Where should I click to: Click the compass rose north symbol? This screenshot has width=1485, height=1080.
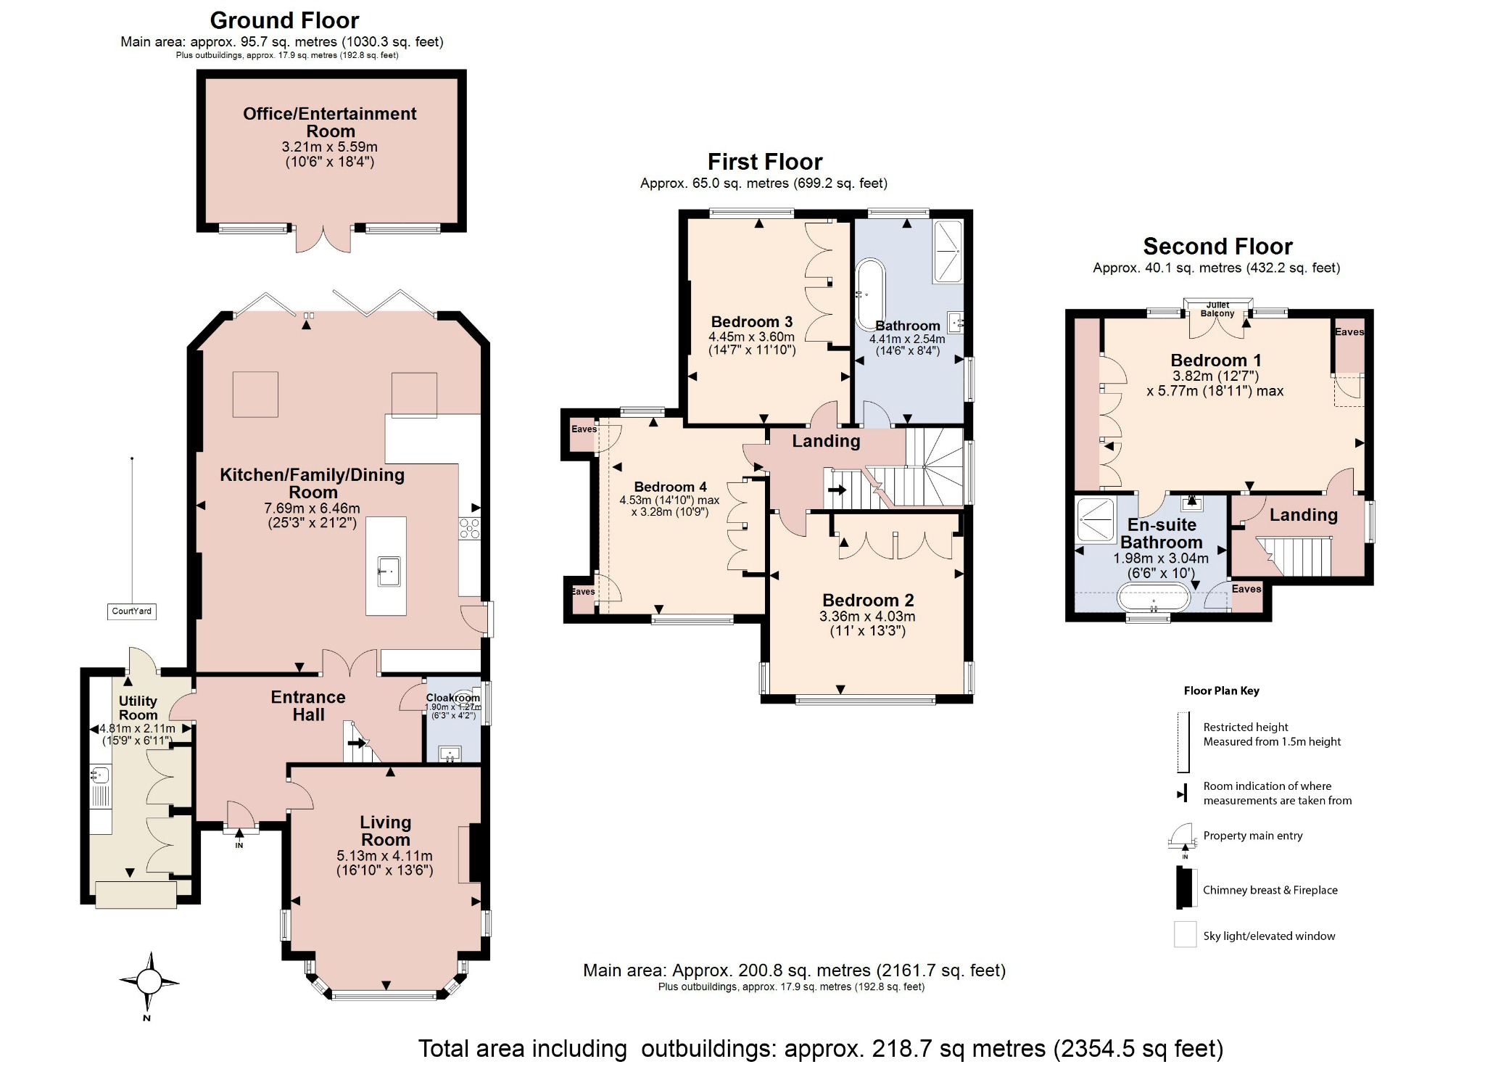(x=149, y=982)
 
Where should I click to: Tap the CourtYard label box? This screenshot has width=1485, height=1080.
(x=132, y=611)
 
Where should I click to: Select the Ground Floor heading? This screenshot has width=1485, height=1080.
(x=284, y=20)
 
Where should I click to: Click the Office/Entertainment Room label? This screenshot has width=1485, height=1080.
(x=330, y=122)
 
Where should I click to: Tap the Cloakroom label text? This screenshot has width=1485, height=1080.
(x=452, y=698)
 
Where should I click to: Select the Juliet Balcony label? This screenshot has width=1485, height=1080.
(x=1217, y=310)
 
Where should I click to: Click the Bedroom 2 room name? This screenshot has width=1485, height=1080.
(x=868, y=601)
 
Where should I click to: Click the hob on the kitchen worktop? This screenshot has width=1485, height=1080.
(x=469, y=528)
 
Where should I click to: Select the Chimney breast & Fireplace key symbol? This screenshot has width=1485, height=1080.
(x=1185, y=889)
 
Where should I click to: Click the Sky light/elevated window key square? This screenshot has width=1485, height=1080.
(x=1185, y=934)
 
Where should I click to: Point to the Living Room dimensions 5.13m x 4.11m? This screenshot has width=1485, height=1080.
(x=384, y=857)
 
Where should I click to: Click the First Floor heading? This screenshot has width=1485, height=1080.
(x=765, y=162)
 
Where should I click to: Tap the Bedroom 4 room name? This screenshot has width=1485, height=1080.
(x=670, y=487)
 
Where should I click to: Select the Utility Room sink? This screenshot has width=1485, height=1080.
(x=100, y=775)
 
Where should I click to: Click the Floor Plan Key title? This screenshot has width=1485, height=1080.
(x=1221, y=691)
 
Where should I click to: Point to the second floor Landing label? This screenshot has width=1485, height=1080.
(x=1303, y=515)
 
